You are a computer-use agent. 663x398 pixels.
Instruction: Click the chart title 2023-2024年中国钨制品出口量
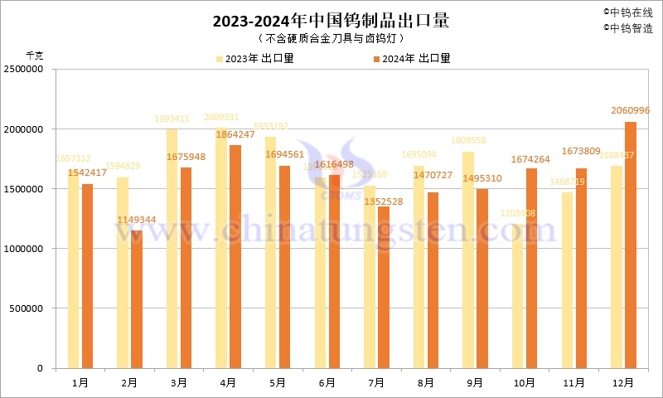331,22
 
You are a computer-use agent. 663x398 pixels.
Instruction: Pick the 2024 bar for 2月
137,299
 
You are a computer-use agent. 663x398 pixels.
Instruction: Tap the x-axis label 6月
327,382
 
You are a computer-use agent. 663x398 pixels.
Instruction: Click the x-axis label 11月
573,382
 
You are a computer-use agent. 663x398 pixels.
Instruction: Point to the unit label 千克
35,56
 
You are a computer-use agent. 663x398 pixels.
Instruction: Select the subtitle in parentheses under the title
331,39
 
